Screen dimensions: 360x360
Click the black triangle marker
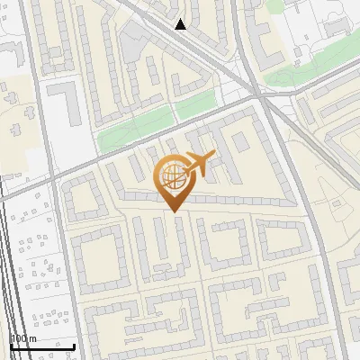(x=181, y=24)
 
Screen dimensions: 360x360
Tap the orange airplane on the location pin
(x=198, y=164)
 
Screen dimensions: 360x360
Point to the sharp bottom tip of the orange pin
(x=174, y=211)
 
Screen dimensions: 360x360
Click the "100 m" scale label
(x=23, y=338)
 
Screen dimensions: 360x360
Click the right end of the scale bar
(x=74, y=346)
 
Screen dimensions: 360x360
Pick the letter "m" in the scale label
(x=32, y=338)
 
